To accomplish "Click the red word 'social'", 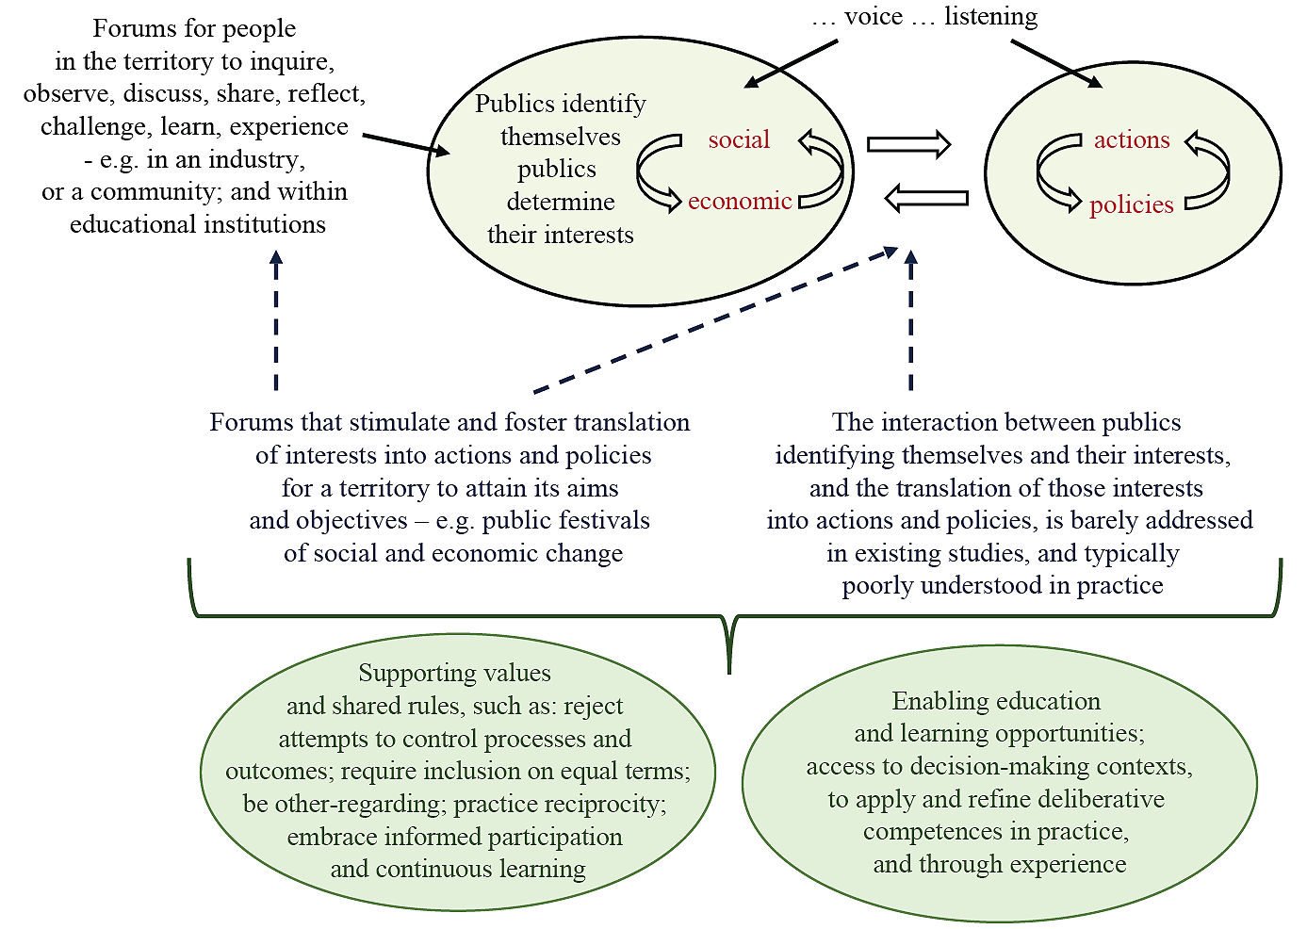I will pos(739,140).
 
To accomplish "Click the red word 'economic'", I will pos(740,201).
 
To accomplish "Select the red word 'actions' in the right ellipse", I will pos(1131,140).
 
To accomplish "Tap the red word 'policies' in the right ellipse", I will pos(1131,205).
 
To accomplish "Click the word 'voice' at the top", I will pos(874,17).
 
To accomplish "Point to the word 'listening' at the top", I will pos(990,17).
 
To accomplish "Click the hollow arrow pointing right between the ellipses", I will pos(908,144).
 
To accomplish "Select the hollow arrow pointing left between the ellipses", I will pos(927,198).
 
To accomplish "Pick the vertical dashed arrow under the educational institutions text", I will pos(275,320).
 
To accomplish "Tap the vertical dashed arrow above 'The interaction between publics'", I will pos(910,320).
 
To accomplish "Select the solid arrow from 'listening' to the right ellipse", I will pos(1055,64).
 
